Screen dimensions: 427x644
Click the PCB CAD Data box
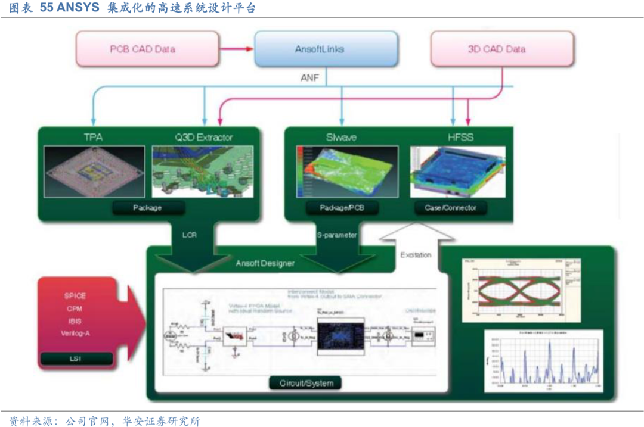143,49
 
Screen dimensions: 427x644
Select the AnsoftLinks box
320,49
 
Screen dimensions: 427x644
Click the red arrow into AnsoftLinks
239,49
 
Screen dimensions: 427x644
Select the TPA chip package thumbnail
95,172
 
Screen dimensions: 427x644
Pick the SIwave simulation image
341,172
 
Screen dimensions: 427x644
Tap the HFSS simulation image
457,172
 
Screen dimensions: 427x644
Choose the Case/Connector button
451,208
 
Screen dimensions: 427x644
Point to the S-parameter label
337,235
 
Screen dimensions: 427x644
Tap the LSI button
75,358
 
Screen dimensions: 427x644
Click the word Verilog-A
75,333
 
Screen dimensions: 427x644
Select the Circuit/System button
306,382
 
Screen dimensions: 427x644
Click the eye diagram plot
519,289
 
